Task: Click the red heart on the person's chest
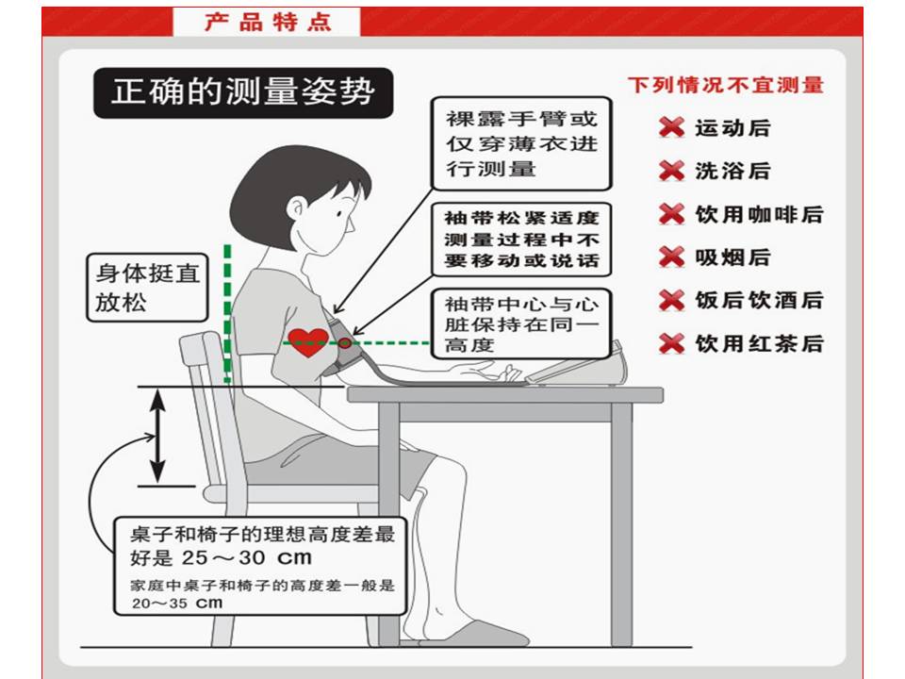[x=308, y=340]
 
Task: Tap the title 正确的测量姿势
[x=243, y=92]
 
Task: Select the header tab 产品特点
[x=268, y=22]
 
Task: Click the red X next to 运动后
[x=671, y=127]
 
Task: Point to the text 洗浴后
[x=732, y=171]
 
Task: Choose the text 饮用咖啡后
[x=759, y=214]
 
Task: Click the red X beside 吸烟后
[x=671, y=257]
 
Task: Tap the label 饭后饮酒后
[x=759, y=300]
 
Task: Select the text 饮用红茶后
[x=759, y=343]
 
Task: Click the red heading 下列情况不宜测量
[x=726, y=85]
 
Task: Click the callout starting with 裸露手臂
[x=521, y=144]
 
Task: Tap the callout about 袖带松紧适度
[x=521, y=240]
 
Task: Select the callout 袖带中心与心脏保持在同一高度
[x=521, y=323]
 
